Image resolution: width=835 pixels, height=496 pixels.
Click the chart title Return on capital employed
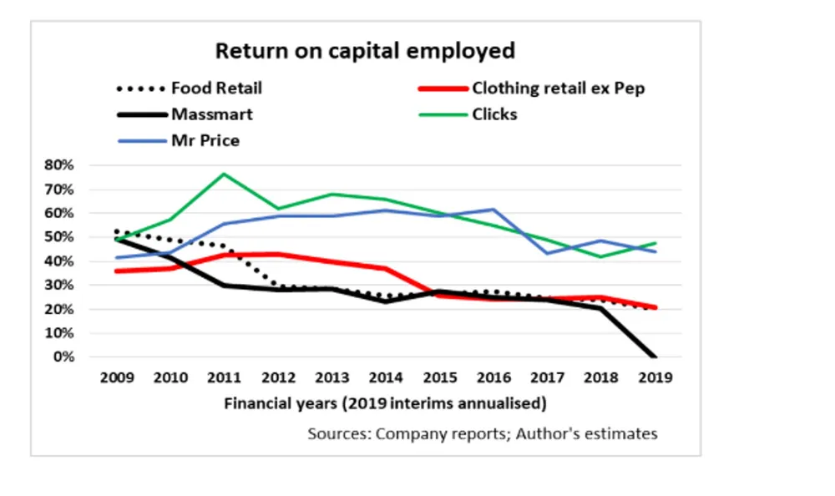coord(365,51)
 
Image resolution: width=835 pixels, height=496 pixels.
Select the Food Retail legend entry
coord(216,88)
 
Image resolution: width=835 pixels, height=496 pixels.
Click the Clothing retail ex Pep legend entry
coord(558,88)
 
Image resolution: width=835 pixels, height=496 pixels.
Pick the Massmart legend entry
coord(211,114)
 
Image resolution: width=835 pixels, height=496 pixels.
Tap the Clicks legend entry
coord(494,114)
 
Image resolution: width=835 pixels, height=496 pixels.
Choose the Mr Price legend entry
coord(205,140)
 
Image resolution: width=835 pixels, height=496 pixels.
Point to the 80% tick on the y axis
coord(61,165)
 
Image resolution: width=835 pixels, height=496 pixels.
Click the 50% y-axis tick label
coord(61,237)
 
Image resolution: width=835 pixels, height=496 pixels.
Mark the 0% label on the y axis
coord(65,357)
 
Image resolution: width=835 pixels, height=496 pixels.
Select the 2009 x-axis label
coord(117,377)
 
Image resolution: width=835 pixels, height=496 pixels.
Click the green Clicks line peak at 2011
coord(225,174)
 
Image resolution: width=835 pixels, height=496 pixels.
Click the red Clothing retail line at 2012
coord(279,254)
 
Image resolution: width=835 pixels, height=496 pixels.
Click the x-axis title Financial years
coord(385,404)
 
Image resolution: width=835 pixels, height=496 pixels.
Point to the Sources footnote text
coord(482,434)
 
